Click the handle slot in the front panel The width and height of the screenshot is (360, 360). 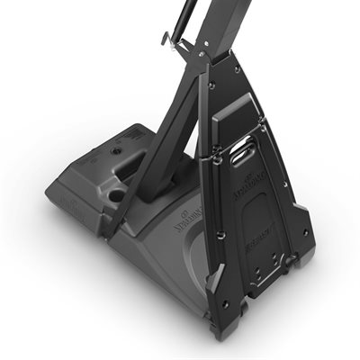(244, 156)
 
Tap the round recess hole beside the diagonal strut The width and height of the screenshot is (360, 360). (115, 193)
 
